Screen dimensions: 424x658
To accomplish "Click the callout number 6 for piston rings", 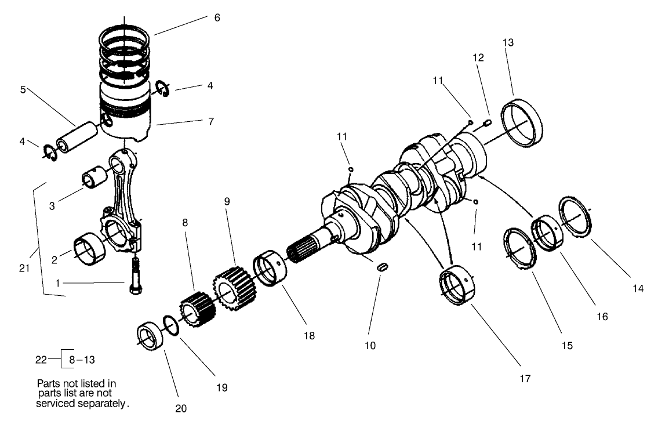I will coord(217,18).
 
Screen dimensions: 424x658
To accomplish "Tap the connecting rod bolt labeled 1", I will coord(135,278).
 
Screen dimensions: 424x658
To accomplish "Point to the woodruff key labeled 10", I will coord(381,267).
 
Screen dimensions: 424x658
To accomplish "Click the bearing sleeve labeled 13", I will coord(524,123).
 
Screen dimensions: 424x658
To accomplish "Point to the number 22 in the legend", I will coord(41,360).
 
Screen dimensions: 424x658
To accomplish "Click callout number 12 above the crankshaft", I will coord(478,59).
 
